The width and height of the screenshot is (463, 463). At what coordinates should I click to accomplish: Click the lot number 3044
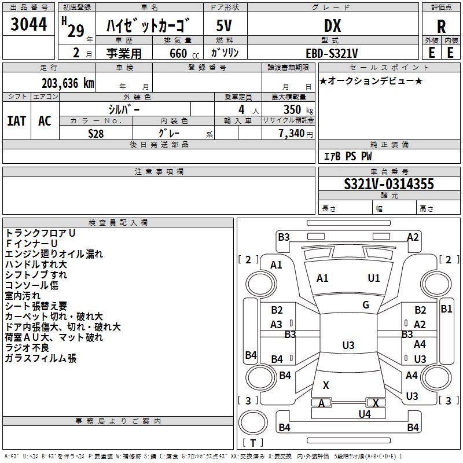(28, 24)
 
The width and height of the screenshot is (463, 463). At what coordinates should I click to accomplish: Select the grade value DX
(332, 25)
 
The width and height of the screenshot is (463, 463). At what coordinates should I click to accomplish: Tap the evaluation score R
(441, 27)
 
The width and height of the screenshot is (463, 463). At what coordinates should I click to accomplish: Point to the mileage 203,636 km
(68, 83)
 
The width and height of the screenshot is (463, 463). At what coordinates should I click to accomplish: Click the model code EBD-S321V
(332, 53)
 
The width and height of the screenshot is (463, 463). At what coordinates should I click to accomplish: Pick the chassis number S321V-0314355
(389, 184)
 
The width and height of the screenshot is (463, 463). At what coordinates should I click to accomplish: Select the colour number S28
(96, 134)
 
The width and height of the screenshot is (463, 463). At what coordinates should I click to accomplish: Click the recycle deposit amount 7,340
(292, 134)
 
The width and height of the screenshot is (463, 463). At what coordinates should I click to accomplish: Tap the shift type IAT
(17, 121)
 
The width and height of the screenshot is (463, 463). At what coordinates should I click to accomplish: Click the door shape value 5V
(224, 25)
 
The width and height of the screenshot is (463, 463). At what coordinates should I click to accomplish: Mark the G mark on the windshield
(366, 305)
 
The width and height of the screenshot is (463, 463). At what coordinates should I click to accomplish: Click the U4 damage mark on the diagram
(365, 414)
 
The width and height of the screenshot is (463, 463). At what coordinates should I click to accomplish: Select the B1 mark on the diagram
(446, 309)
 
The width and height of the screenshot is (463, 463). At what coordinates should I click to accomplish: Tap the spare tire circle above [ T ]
(253, 422)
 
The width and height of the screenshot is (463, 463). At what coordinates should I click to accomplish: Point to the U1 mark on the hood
(373, 278)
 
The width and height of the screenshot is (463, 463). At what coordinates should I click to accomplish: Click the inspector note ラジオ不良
(27, 348)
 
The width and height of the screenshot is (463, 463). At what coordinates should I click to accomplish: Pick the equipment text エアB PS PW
(348, 156)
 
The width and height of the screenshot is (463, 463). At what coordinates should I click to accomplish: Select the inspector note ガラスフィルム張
(41, 358)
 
